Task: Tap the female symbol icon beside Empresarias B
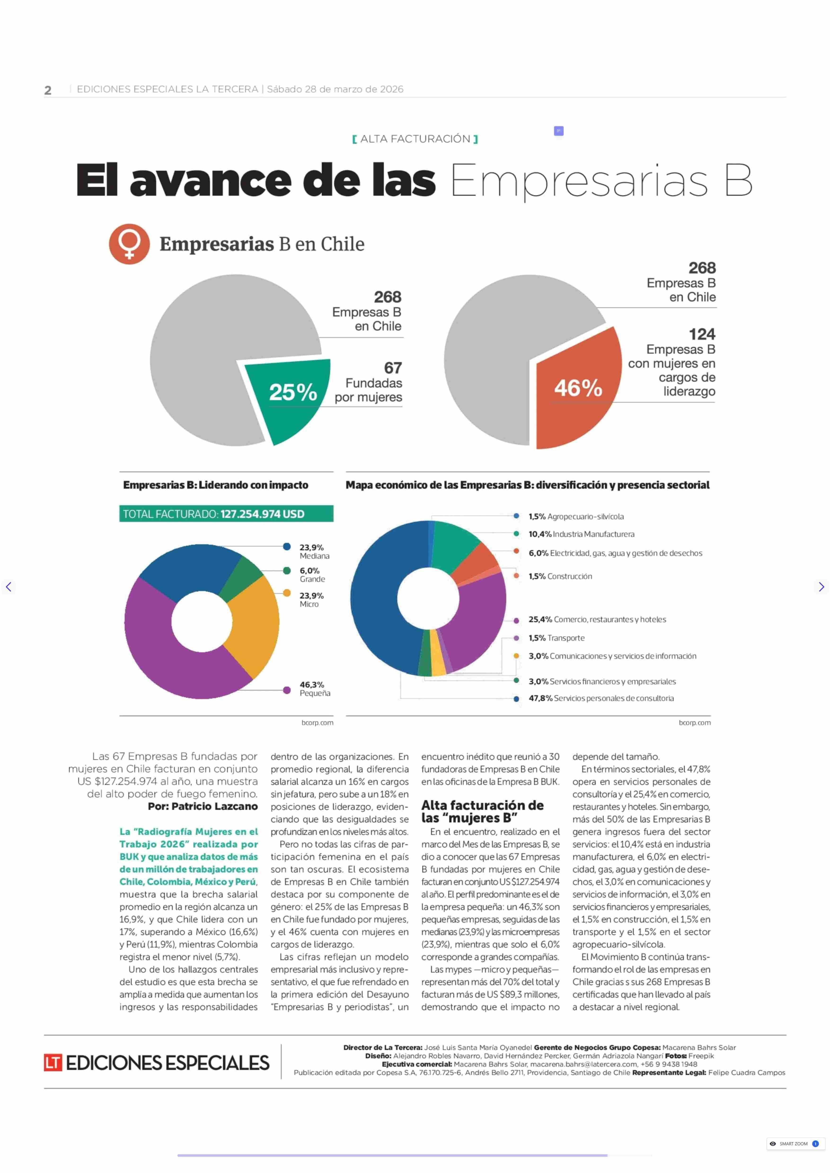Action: coord(129,244)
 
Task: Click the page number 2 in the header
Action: coord(48,90)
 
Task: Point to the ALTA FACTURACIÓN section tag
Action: coord(415,139)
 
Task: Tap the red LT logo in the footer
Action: coord(53,1063)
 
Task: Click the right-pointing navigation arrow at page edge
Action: coord(821,587)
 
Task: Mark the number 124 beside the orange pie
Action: coord(702,334)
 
